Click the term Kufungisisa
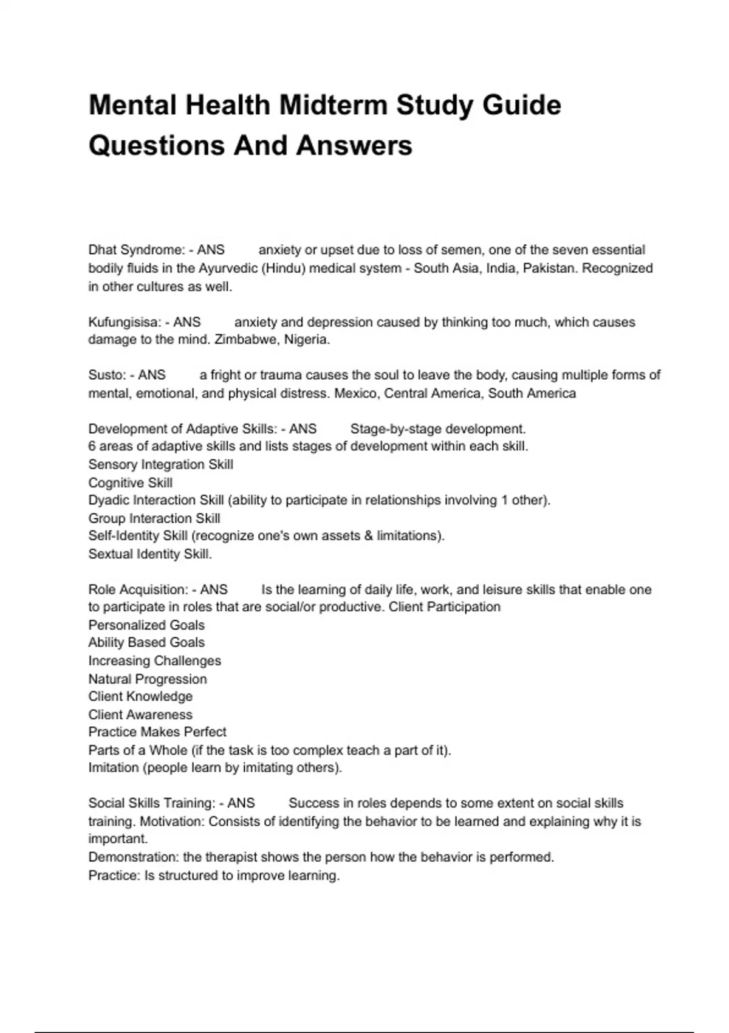124,322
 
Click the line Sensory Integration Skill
161,465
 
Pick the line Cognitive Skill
131,483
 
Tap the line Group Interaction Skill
154,518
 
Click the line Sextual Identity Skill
150,554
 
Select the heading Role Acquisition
138,589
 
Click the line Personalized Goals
146,625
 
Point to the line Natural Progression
148,679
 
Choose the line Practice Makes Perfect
157,732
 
